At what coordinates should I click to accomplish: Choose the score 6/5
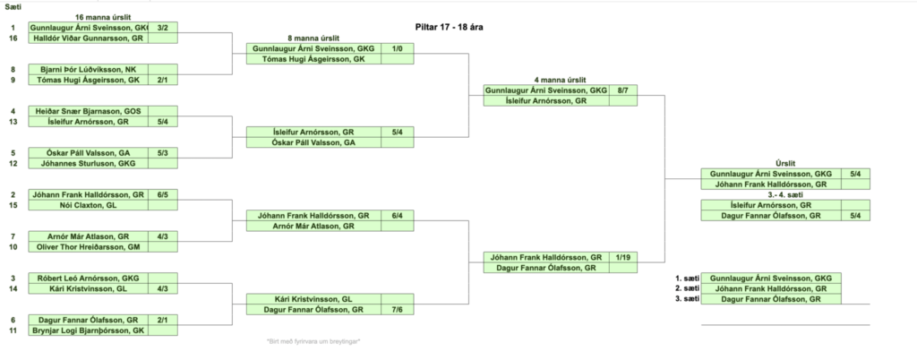tap(162, 194)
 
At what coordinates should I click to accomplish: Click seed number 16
tap(13, 39)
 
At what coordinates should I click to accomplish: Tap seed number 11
tap(13, 330)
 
